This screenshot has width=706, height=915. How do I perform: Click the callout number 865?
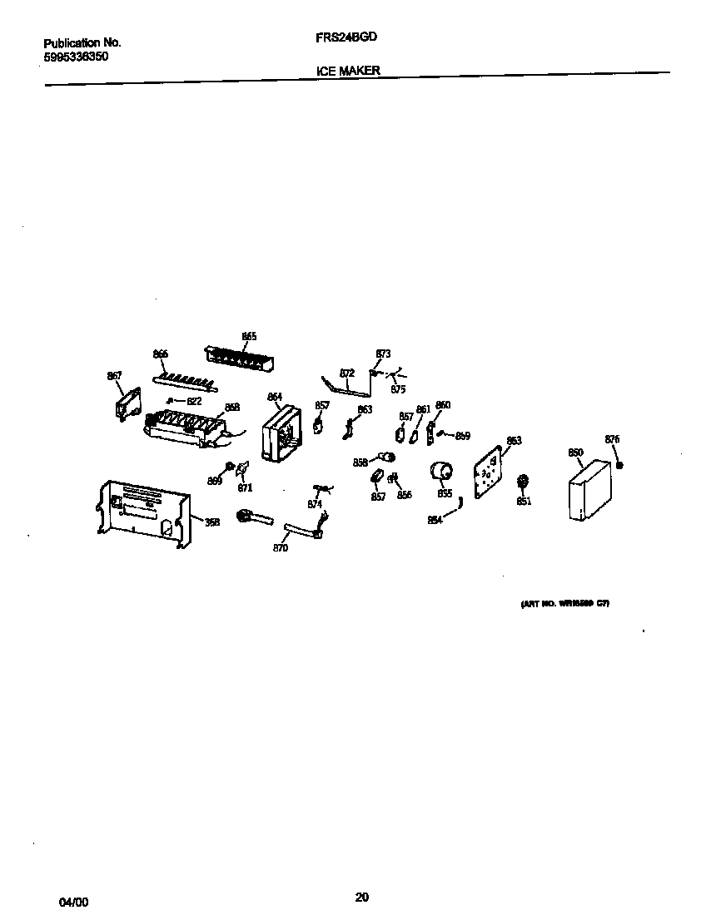tap(249, 336)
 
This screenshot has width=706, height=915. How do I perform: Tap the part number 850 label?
tap(575, 453)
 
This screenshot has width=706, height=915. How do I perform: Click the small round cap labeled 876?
tap(619, 464)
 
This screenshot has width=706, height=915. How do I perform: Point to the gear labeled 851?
tap(524, 482)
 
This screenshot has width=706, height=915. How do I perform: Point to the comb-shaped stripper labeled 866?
tap(184, 380)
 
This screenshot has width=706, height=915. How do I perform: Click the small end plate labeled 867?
tap(127, 406)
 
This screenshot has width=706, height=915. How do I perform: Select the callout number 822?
tap(193, 401)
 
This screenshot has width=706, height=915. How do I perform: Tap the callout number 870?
tap(281, 548)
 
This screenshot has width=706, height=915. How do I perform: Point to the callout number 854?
tap(435, 520)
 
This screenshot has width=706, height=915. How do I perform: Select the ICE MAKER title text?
tap(348, 71)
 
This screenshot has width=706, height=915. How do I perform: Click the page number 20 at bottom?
tap(361, 897)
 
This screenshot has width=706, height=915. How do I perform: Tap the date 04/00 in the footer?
tap(72, 902)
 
